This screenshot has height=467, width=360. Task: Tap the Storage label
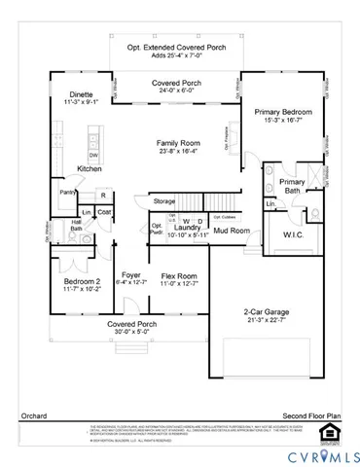(x=164, y=201)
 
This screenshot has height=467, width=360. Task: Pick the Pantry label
(x=68, y=193)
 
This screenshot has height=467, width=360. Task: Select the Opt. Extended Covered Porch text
(x=176, y=47)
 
